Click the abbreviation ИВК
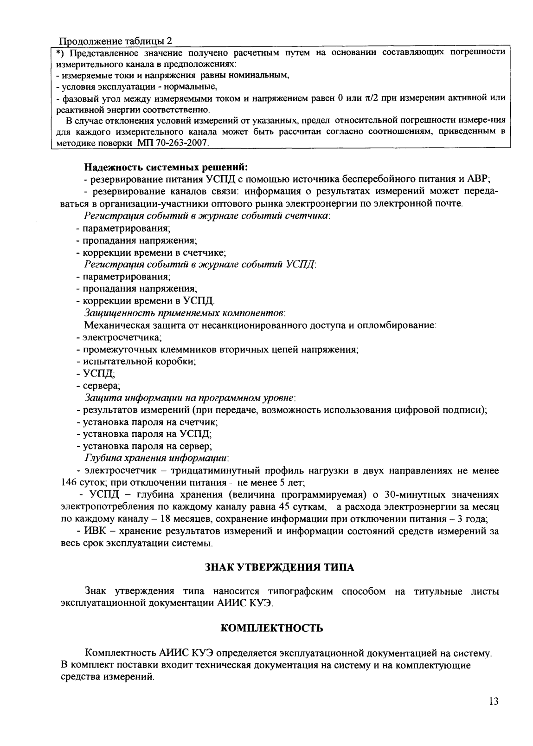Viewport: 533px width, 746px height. click(94, 531)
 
